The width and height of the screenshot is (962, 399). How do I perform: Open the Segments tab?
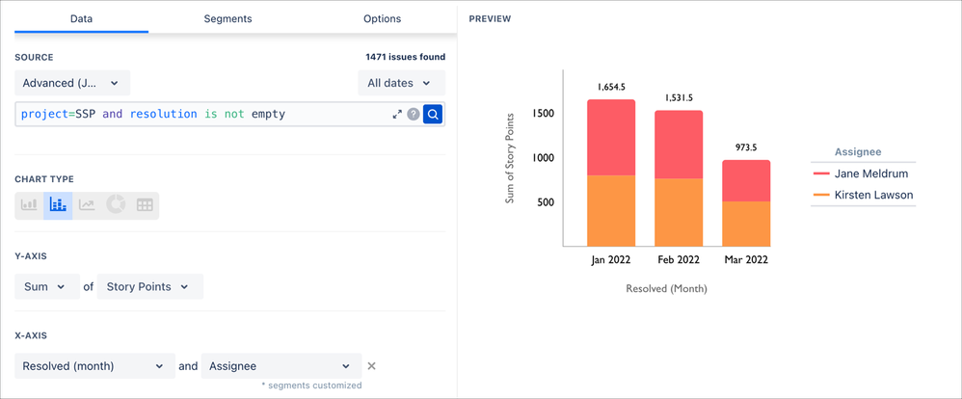227,18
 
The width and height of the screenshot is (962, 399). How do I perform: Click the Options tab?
382,18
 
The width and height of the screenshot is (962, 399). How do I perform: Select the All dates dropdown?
400,83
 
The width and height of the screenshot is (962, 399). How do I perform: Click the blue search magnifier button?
433,114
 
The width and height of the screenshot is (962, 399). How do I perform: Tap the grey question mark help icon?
414,114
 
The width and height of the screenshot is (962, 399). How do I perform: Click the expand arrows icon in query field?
396,114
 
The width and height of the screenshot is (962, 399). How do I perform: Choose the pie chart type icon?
116,204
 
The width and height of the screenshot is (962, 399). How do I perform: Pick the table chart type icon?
145,204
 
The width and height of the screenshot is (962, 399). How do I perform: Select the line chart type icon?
87,204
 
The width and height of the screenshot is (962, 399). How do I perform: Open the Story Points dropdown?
149,286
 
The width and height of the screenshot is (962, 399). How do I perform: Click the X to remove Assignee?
372,366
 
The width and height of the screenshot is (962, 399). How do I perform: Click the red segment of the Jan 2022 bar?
611,137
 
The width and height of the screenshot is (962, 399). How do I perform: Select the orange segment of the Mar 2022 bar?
746,224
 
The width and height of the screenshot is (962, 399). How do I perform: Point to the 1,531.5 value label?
679,98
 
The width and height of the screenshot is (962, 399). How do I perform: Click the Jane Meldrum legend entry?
863,173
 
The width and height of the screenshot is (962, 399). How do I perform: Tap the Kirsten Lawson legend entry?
863,195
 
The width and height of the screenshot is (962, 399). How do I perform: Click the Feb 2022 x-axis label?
679,260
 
